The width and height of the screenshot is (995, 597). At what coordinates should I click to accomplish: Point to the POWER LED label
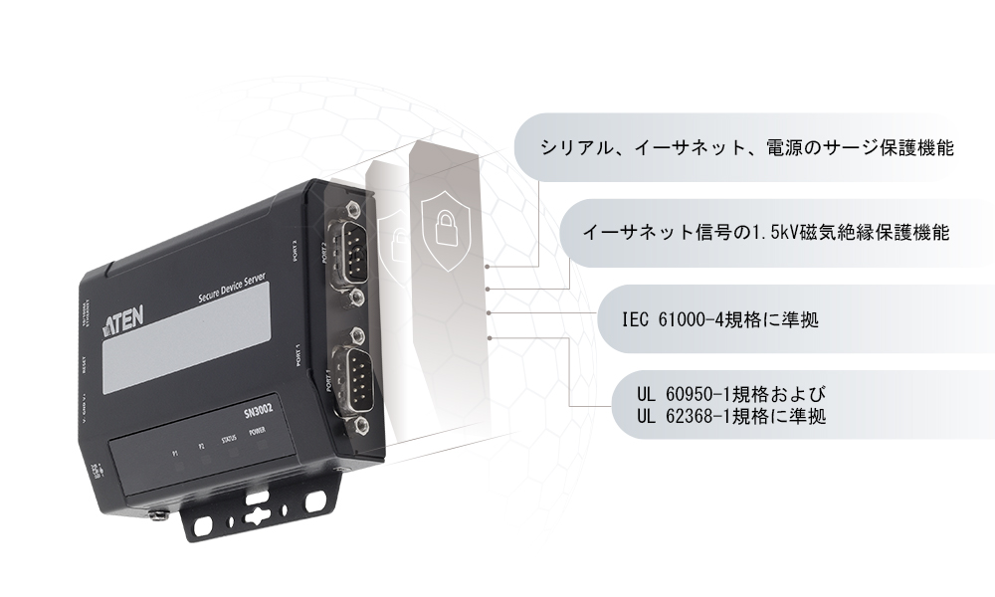click(258, 433)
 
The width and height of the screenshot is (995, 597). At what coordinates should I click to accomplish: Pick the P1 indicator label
click(175, 451)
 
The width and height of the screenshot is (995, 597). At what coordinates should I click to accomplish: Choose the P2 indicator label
click(201, 445)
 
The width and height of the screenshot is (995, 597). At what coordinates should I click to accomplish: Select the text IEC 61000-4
click(669, 320)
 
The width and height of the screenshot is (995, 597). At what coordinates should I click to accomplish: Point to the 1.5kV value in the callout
click(759, 234)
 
